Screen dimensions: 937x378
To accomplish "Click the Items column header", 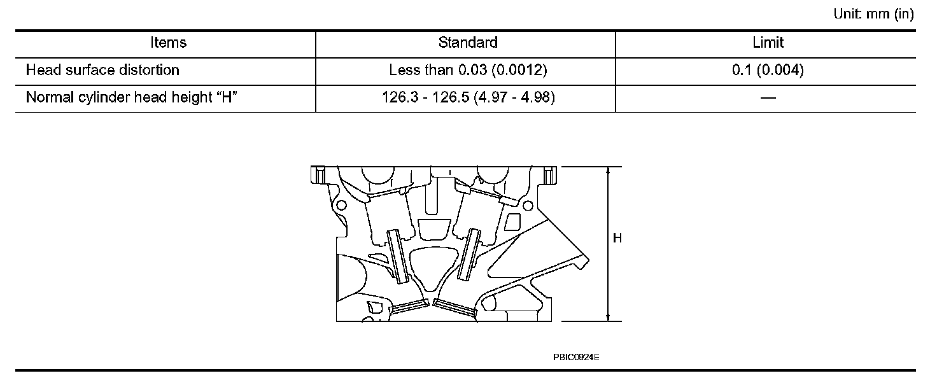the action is (168, 43).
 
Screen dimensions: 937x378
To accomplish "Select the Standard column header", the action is (468, 43).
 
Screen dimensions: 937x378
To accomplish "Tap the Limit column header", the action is (768, 43).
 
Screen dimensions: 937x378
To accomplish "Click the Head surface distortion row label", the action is (102, 70).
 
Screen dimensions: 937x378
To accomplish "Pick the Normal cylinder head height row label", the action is (131, 97).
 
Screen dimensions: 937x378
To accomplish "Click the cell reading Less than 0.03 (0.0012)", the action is (468, 70).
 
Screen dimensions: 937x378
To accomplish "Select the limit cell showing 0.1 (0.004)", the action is (768, 70).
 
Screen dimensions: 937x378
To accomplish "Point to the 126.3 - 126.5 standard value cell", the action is (468, 97).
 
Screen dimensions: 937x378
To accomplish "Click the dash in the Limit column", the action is (768, 98).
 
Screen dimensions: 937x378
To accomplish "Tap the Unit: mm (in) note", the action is (873, 14).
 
